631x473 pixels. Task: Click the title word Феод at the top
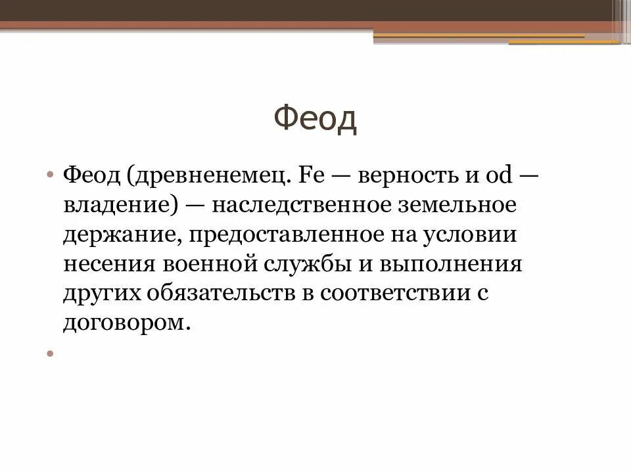pyautogui.click(x=315, y=120)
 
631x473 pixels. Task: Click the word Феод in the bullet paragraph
pyautogui.click(x=91, y=176)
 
